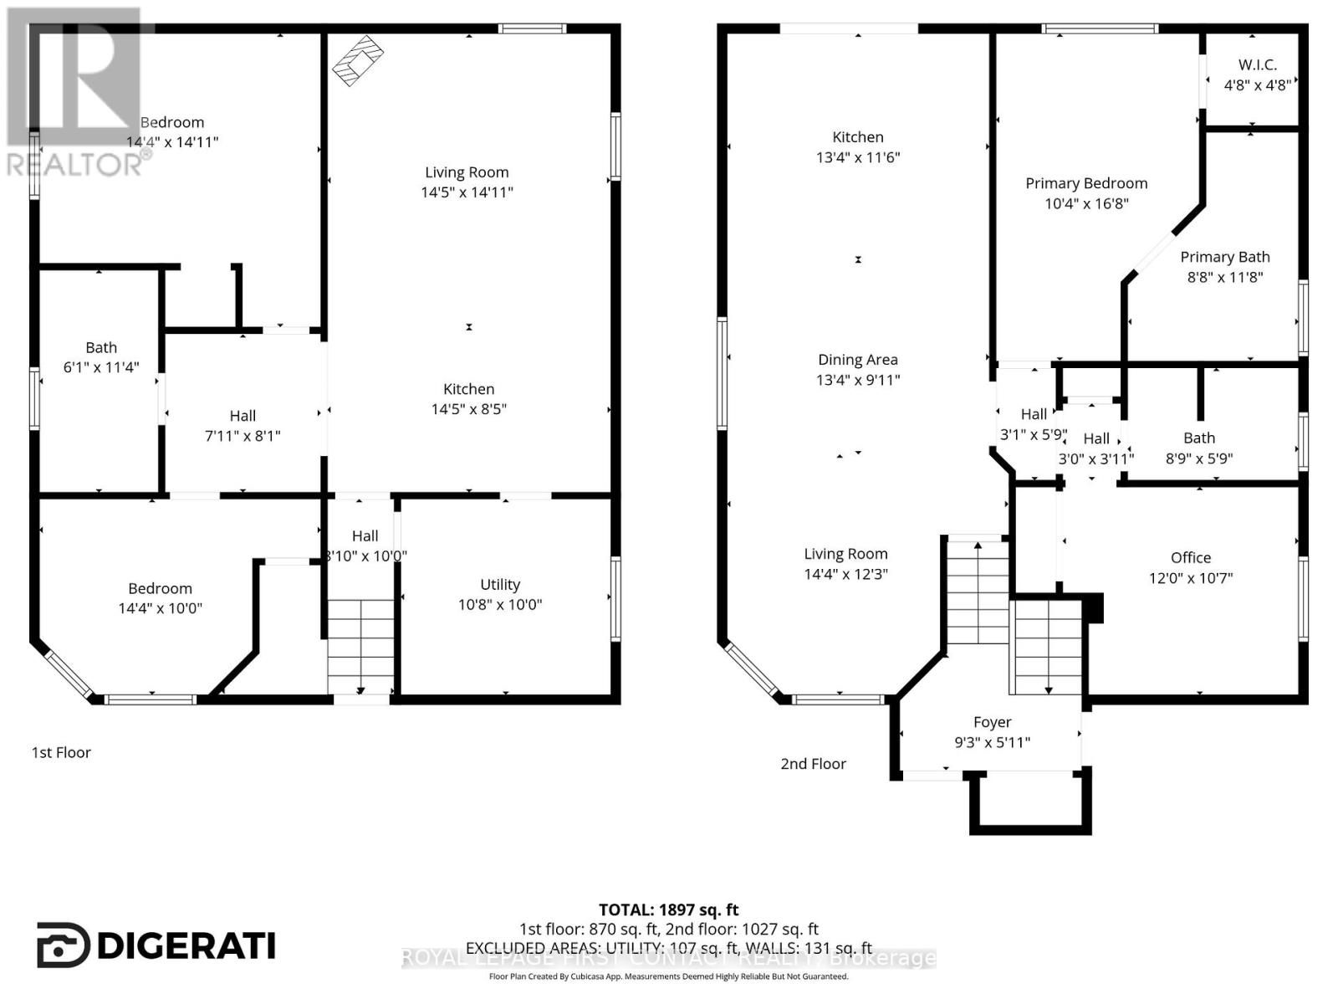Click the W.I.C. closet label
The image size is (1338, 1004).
pyautogui.click(x=1257, y=64)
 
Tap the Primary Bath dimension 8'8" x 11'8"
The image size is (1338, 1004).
pyautogui.click(x=1224, y=277)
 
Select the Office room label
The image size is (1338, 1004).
pyautogui.click(x=1190, y=557)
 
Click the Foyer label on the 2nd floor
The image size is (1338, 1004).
pyautogui.click(x=992, y=722)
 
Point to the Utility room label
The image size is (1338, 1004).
pyautogui.click(x=499, y=585)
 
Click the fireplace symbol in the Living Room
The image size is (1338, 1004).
pyautogui.click(x=358, y=59)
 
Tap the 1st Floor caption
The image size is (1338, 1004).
pyautogui.click(x=61, y=752)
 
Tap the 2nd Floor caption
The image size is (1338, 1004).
pyautogui.click(x=813, y=764)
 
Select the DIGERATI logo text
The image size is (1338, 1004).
pyautogui.click(x=186, y=946)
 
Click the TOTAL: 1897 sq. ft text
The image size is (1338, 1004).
pyautogui.click(x=668, y=909)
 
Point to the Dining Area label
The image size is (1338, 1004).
pyautogui.click(x=857, y=360)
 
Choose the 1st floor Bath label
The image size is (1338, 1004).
pyautogui.click(x=101, y=347)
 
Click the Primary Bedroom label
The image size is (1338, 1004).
pyautogui.click(x=1085, y=183)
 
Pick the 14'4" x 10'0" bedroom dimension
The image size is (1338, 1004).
pyautogui.click(x=160, y=608)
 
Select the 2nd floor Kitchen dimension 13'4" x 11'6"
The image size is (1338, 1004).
pyautogui.click(x=857, y=157)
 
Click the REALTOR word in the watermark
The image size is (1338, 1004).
pyautogui.click(x=75, y=164)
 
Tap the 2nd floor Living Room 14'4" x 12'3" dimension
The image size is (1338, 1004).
pyautogui.click(x=845, y=574)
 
